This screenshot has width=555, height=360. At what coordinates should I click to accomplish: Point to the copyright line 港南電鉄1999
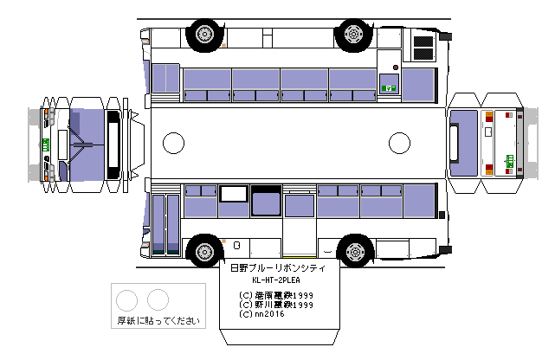coord(276,295)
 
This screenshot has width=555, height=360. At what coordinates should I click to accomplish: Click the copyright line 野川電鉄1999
coord(276,305)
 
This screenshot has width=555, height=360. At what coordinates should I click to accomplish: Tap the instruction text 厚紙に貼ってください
coord(158,320)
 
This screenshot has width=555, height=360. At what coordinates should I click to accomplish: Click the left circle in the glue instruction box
coord(127,300)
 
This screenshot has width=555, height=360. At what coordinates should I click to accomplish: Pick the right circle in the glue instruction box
coord(158,300)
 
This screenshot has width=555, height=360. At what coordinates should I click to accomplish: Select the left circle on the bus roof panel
coord(174,143)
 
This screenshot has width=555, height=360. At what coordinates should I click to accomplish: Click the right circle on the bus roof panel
coord(399,143)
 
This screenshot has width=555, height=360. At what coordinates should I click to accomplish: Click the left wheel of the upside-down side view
coord(203,34)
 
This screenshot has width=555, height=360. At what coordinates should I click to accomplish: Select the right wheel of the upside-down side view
coord(352,34)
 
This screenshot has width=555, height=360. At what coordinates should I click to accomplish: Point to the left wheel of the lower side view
coord(203,252)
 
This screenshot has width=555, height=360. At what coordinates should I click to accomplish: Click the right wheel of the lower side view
coord(352,252)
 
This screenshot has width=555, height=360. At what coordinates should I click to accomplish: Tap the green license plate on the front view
coord(44,144)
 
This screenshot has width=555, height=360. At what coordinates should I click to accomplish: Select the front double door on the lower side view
coord(165,223)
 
